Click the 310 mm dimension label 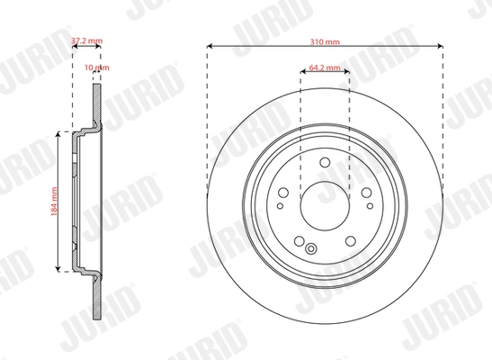pyautogui.click(x=324, y=41)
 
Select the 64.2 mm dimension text pyautogui.click(x=324, y=67)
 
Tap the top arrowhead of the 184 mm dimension pyautogui.click(x=60, y=133)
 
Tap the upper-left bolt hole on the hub pyautogui.click(x=286, y=191)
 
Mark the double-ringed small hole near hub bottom pyautogui.click(x=311, y=249)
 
